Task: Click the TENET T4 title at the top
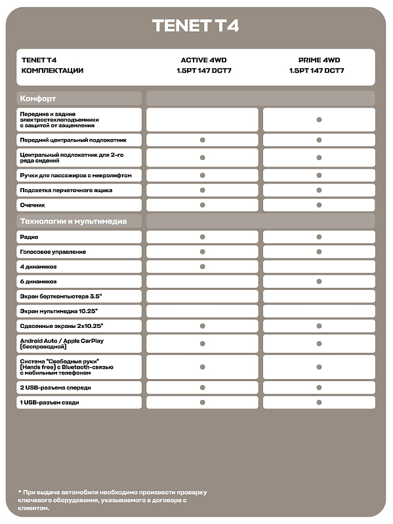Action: [196, 26]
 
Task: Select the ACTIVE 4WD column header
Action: [203, 60]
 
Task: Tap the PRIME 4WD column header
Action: [318, 60]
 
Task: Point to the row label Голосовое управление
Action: [53, 252]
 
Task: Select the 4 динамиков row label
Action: [39, 267]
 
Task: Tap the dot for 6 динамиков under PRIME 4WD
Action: [319, 281]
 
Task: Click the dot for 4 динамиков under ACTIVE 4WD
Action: [203, 267]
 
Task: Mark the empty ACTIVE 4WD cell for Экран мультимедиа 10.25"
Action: [203, 312]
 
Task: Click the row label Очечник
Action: [33, 205]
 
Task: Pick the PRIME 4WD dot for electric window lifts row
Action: [319, 119]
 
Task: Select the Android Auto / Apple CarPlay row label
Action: [62, 344]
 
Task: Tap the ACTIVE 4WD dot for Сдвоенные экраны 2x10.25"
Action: [203, 327]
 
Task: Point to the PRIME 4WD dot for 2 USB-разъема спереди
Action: [319, 388]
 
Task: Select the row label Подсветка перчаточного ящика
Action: [66, 190]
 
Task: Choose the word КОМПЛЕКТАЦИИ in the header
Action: [52, 70]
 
